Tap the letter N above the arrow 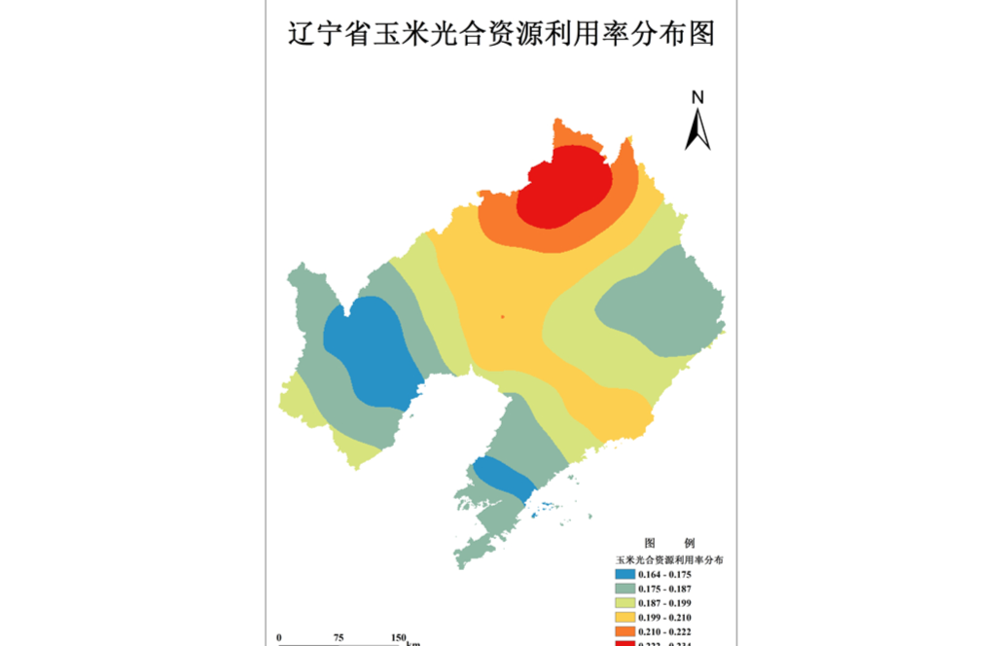697,96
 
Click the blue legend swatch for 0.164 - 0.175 625,575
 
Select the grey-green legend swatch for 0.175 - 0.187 625,589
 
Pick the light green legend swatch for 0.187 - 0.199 625,603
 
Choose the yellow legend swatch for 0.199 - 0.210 625,618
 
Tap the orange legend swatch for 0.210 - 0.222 625,631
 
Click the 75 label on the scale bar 339,637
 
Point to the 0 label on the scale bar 279,637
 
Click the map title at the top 501,34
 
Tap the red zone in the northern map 564,185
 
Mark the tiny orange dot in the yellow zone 502,316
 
